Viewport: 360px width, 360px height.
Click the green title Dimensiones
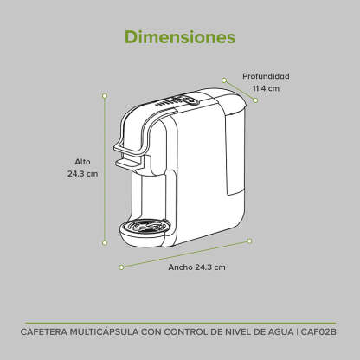[180, 37]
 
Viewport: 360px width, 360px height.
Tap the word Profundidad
[266, 76]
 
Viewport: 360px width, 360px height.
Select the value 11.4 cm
[266, 88]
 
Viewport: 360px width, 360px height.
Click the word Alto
[82, 162]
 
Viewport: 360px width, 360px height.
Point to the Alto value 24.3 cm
[83, 174]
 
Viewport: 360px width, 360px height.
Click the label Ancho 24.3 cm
[196, 267]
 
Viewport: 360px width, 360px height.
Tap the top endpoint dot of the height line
[105, 96]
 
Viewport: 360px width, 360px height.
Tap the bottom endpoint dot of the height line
[105, 242]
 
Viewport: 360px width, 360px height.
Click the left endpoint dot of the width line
[121, 267]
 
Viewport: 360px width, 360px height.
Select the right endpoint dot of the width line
[250, 241]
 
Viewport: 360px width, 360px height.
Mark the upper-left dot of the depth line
[224, 80]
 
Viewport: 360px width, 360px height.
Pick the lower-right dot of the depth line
[255, 100]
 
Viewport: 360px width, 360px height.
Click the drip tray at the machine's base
[145, 232]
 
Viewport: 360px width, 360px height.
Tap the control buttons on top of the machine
[177, 101]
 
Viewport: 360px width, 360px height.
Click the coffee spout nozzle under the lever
[129, 164]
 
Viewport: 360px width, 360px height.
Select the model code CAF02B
[318, 331]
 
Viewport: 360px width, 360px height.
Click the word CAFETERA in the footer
[43, 331]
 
